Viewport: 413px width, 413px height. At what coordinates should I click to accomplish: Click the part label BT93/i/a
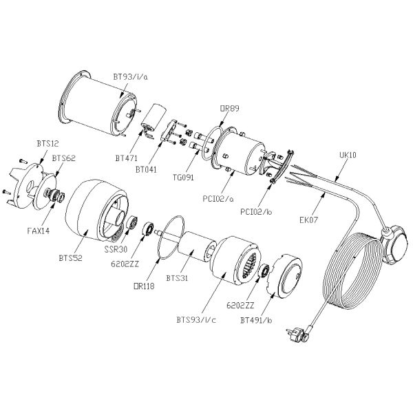click(x=130, y=77)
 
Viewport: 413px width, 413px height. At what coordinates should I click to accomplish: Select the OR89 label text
click(x=229, y=108)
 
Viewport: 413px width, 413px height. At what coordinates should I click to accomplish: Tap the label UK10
click(x=348, y=155)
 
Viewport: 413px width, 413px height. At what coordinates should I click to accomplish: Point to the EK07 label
click(x=308, y=220)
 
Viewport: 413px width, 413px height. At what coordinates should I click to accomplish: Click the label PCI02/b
click(x=256, y=212)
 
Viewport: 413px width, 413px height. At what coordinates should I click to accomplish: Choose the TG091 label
click(x=183, y=178)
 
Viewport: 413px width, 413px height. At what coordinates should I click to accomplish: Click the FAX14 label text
click(x=39, y=231)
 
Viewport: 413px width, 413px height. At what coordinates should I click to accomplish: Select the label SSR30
click(x=116, y=249)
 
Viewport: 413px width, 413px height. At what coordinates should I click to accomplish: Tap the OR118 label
click(x=144, y=286)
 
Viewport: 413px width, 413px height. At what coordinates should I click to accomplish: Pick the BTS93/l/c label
click(x=196, y=320)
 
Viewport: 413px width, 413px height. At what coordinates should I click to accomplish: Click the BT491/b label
click(x=256, y=320)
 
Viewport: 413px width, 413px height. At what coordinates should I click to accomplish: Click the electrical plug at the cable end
click(x=299, y=334)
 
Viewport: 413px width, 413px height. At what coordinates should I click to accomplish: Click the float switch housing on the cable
click(x=394, y=244)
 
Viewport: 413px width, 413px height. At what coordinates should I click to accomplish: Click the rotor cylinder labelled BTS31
click(x=196, y=247)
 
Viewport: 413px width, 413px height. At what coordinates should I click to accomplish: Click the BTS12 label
click(x=47, y=144)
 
